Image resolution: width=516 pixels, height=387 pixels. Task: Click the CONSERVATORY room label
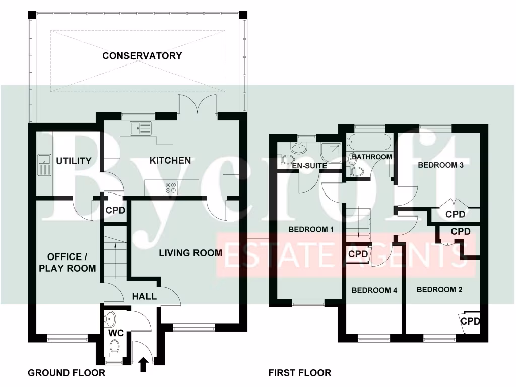(142, 56)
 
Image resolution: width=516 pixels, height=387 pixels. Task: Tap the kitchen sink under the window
(141, 129)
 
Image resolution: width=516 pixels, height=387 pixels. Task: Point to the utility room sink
(44, 165)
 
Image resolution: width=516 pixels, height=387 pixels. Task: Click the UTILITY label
(74, 161)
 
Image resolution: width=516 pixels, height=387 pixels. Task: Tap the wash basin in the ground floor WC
(110, 319)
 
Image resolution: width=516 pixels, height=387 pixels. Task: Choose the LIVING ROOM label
(190, 253)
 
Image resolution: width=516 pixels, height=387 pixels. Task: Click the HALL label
(144, 296)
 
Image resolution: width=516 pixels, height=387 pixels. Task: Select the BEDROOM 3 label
(440, 165)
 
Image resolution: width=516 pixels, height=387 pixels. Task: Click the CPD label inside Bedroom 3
(455, 214)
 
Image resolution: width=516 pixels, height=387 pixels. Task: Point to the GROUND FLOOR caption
(67, 373)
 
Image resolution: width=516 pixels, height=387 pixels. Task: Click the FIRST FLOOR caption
(300, 373)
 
